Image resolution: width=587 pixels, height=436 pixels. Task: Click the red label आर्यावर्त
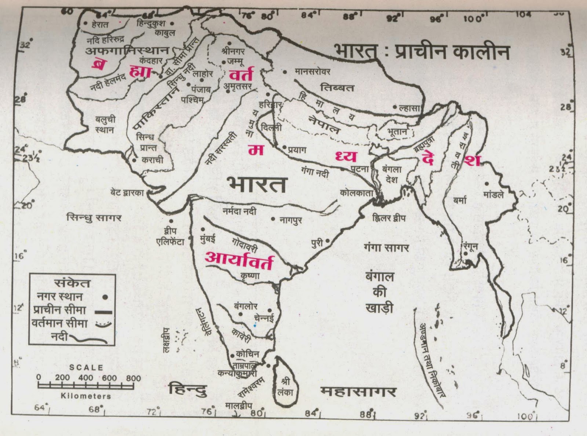click(239, 261)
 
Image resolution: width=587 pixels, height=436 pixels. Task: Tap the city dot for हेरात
click(85, 23)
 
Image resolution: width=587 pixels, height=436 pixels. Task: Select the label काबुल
click(165, 33)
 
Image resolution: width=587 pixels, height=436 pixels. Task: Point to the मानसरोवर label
click(312, 72)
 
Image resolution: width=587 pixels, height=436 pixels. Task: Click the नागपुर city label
click(291, 220)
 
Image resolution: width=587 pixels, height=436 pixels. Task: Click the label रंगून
click(470, 246)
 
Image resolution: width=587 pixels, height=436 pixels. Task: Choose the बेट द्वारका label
click(127, 192)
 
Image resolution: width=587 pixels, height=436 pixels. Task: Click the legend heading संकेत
click(72, 283)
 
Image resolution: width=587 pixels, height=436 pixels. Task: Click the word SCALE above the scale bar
click(86, 367)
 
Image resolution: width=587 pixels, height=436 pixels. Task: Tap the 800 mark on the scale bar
click(133, 378)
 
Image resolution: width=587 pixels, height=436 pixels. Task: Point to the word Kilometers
click(86, 396)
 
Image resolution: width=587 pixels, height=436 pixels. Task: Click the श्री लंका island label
click(285, 387)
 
